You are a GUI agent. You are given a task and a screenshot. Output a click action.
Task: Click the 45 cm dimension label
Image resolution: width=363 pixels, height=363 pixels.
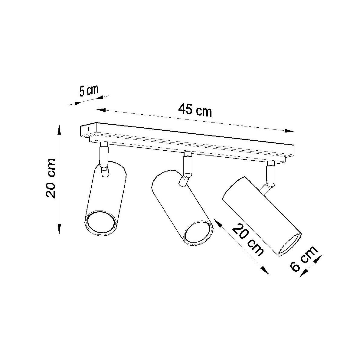pyautogui.click(x=195, y=110)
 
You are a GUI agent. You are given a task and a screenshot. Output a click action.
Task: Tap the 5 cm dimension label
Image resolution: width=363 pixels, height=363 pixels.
pyautogui.click(x=89, y=91)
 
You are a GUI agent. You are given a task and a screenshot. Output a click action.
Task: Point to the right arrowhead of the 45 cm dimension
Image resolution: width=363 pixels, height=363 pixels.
pyautogui.click(x=289, y=131)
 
